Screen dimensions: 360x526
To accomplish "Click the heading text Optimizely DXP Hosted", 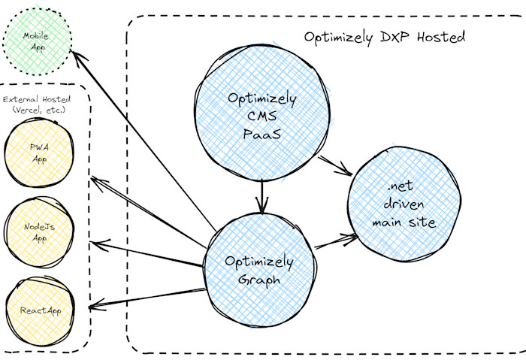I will coord(385,36).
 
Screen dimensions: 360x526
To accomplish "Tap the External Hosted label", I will coord(38,98).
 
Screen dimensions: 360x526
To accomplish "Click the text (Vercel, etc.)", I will coord(38,110).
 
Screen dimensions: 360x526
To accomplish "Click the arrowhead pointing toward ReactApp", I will coord(94,307).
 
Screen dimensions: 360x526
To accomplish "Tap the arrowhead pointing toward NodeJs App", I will coord(95,244).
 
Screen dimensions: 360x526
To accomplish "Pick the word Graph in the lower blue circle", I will coord(260,279).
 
